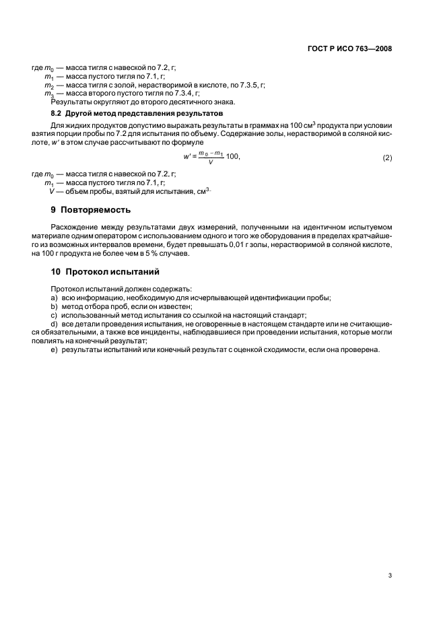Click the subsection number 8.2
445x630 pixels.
pyautogui.click(x=57, y=114)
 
